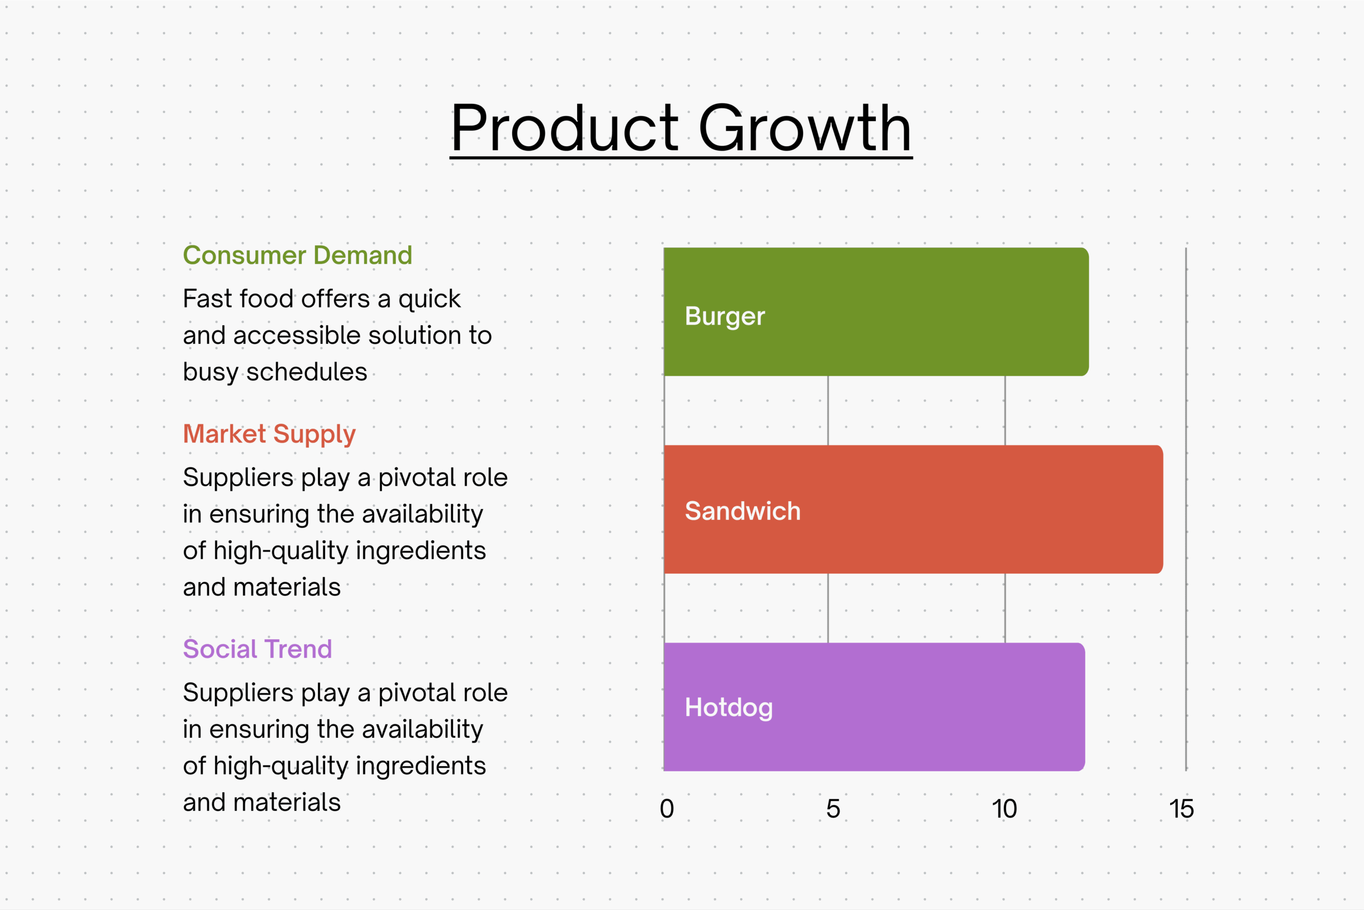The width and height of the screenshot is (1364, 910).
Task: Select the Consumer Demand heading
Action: [297, 255]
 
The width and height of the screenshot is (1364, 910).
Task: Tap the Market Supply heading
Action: [269, 434]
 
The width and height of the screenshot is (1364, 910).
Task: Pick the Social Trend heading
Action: [257, 649]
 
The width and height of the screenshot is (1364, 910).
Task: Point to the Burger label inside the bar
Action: [725, 316]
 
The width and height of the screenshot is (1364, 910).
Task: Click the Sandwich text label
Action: [743, 511]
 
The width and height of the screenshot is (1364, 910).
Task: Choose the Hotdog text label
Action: [729, 707]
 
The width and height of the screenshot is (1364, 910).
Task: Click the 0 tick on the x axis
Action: [667, 809]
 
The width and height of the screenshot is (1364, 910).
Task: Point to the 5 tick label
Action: [833, 809]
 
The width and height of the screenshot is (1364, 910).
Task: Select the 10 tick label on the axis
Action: [1004, 809]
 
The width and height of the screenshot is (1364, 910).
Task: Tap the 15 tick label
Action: [1181, 809]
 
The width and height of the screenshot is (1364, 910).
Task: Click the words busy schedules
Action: [275, 372]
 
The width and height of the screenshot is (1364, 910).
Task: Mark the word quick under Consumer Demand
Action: [429, 300]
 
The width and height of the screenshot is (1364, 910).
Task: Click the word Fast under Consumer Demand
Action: [207, 299]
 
